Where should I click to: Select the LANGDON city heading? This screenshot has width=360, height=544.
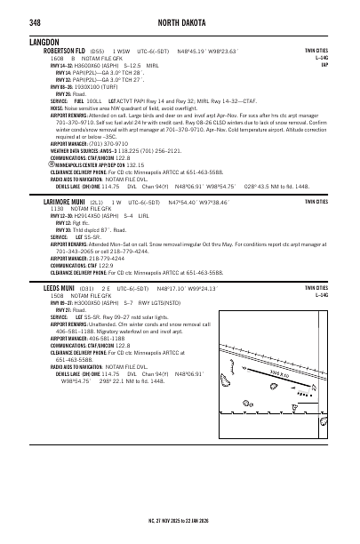45,42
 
